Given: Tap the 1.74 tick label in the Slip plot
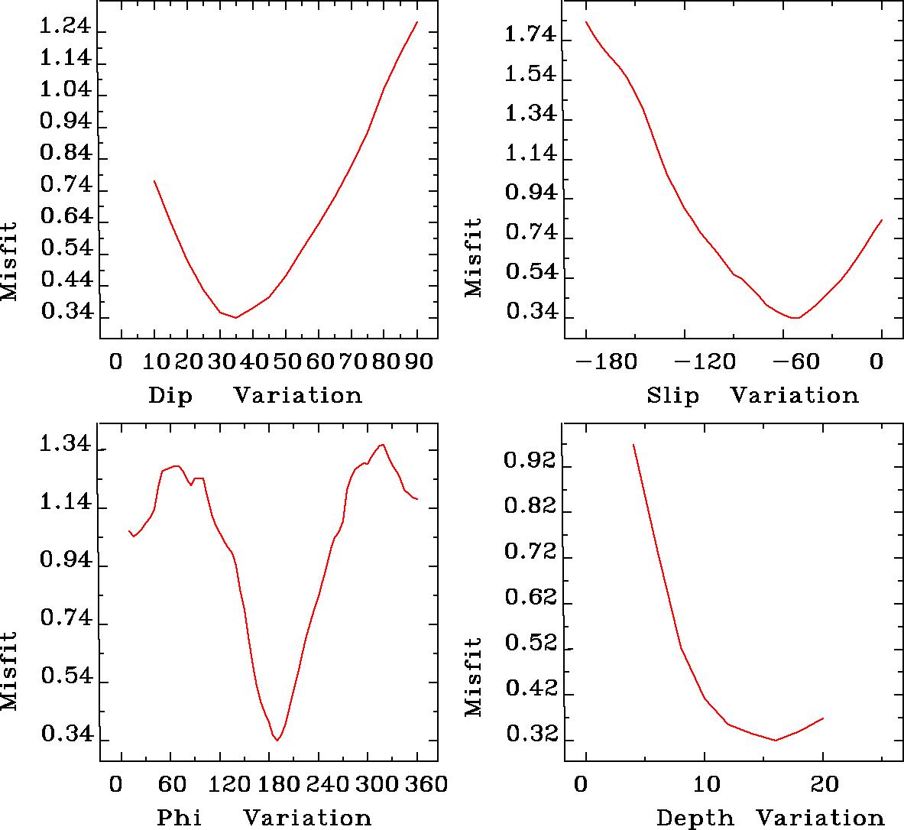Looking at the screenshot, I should click(532, 34).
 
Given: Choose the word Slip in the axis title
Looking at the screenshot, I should click(672, 395).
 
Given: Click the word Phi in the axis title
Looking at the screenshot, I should click(180, 818).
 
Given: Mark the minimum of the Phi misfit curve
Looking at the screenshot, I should click(277, 740).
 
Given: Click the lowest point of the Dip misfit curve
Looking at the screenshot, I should click(236, 317).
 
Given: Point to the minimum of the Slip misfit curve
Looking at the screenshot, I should click(796, 317).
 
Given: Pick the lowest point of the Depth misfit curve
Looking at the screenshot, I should click(776, 740).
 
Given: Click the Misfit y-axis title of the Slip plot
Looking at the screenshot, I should click(474, 258).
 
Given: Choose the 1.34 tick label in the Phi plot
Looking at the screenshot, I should click(66, 446).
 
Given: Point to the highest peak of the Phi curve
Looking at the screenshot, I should click(382, 444).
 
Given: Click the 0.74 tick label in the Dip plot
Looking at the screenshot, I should click(66, 186).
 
